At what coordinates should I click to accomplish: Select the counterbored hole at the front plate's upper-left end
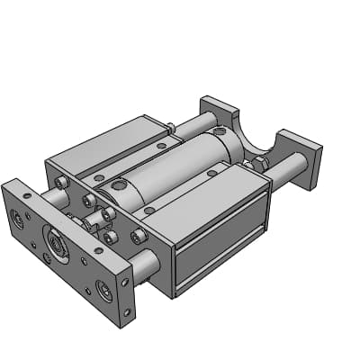click(x=17, y=217)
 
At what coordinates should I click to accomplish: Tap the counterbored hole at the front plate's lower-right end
click(x=104, y=291)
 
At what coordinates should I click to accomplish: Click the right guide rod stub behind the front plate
click(x=144, y=265)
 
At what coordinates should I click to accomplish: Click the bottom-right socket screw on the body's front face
click(x=139, y=237)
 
